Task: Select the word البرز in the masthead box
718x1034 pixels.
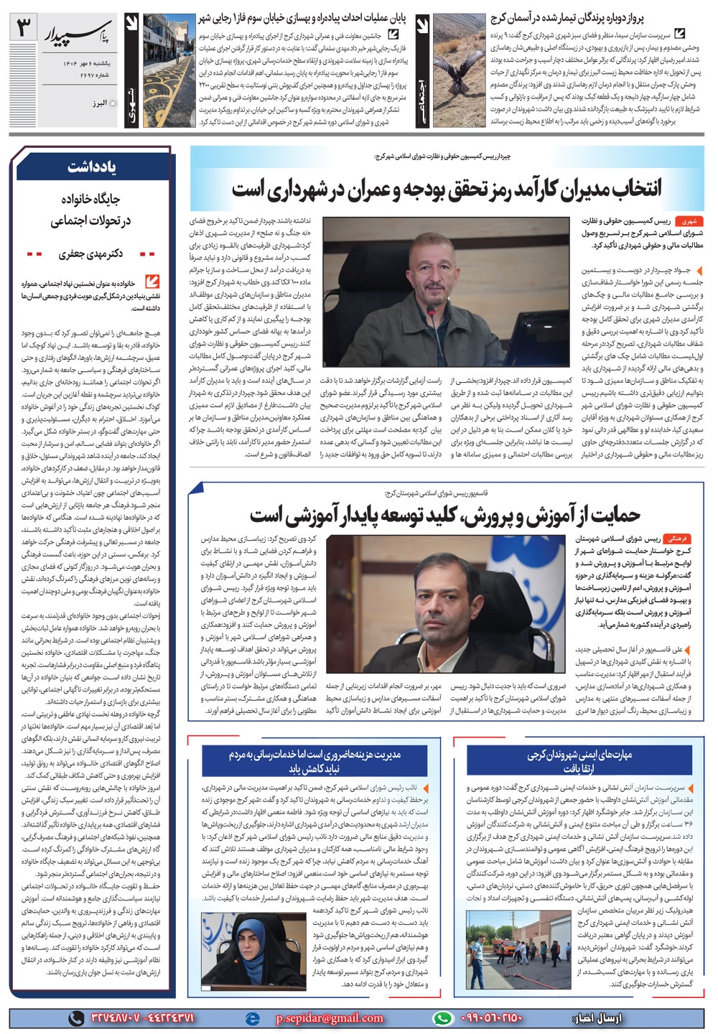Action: (x=99, y=103)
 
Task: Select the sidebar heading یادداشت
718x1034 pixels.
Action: (x=93, y=167)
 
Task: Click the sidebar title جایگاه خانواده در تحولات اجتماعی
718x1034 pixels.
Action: (x=90, y=210)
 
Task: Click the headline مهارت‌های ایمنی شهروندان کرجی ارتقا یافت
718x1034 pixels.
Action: (x=578, y=762)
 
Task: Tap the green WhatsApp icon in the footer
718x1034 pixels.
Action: (x=444, y=1018)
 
